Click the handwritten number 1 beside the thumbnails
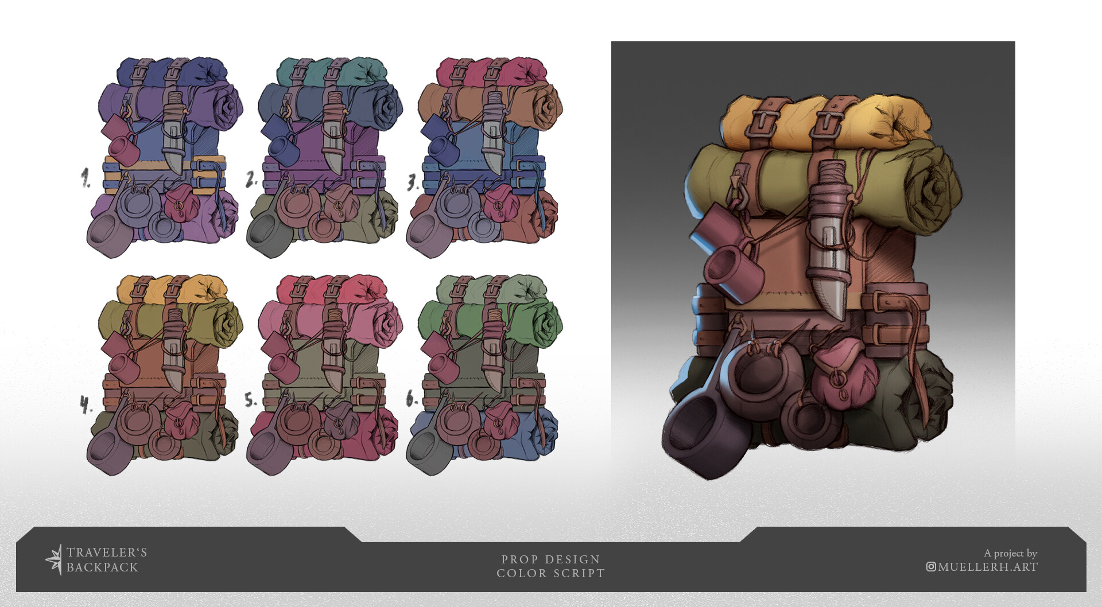click(86, 178)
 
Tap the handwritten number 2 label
click(251, 180)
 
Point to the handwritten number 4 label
click(86, 406)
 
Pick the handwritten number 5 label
click(250, 400)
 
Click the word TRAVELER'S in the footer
click(107, 552)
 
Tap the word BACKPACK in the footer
click(102, 567)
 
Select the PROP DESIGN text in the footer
click(550, 559)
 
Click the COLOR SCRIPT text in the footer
click(550, 573)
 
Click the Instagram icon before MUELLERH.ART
click(931, 567)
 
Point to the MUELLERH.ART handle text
click(988, 567)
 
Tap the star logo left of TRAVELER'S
click(54, 559)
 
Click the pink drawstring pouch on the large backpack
click(844, 370)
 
